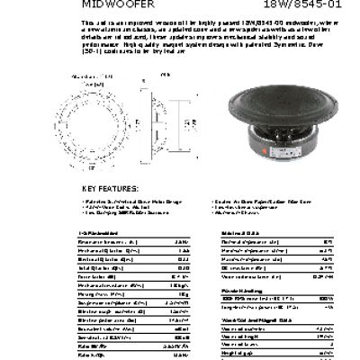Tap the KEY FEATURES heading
pos(112,188)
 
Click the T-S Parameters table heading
pos(95,233)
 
